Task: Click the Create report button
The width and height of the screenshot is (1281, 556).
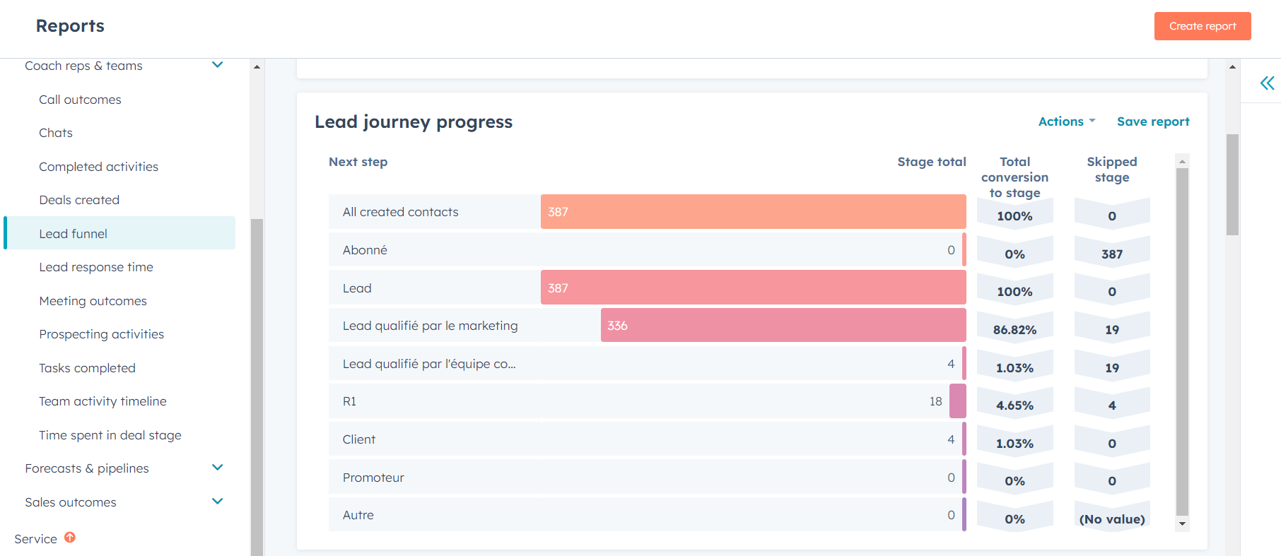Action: click(x=1202, y=26)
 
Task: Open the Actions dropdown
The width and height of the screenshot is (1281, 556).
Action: click(x=1066, y=122)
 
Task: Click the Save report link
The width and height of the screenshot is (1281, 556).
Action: click(x=1152, y=122)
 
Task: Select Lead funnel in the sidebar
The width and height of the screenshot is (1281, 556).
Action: click(x=74, y=234)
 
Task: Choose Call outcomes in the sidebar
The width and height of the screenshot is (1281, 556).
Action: click(x=80, y=100)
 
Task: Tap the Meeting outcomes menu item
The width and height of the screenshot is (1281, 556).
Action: click(x=93, y=301)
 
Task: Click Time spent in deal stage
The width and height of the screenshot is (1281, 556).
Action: click(x=110, y=435)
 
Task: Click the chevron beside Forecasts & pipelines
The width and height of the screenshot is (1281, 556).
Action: click(x=218, y=468)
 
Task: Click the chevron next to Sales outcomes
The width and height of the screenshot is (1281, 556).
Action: click(x=218, y=502)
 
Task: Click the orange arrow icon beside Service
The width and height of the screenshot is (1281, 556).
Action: click(x=70, y=538)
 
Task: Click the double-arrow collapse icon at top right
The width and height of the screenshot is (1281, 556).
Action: click(x=1267, y=83)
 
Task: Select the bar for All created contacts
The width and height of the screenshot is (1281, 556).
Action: click(x=753, y=212)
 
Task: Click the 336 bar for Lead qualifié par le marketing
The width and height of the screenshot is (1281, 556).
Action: click(x=783, y=326)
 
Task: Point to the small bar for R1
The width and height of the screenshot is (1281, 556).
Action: click(x=957, y=401)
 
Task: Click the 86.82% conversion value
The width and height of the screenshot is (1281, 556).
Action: click(x=1014, y=330)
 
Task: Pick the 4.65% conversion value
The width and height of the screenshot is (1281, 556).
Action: click(x=1014, y=406)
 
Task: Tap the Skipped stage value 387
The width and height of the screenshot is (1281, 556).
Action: click(x=1111, y=254)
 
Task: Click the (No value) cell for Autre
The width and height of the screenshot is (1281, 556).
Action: click(x=1111, y=519)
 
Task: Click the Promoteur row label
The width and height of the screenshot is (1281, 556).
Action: click(x=373, y=478)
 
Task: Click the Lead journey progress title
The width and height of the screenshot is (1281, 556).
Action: click(x=414, y=122)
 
